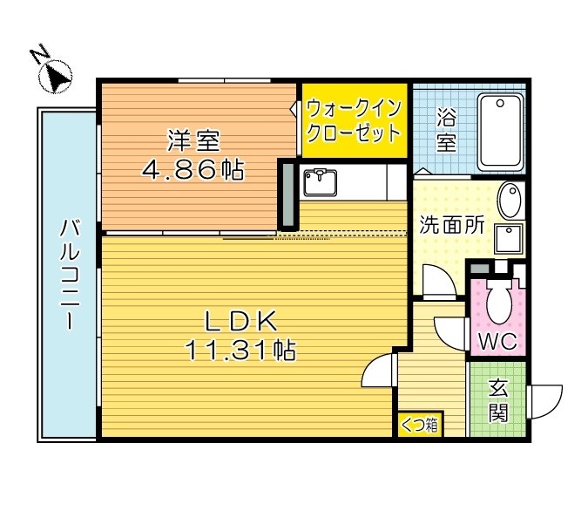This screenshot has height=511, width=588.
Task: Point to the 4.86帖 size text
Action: (193, 170)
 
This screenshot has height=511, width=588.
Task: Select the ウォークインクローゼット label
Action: (355, 122)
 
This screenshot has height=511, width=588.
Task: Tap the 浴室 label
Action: (446, 130)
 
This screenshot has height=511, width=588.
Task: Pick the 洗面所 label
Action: (451, 224)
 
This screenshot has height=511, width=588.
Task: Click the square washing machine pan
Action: (509, 239)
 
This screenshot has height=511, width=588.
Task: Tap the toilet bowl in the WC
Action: (498, 304)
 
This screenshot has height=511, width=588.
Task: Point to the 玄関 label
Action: (497, 399)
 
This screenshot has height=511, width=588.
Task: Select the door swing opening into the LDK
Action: (378, 373)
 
